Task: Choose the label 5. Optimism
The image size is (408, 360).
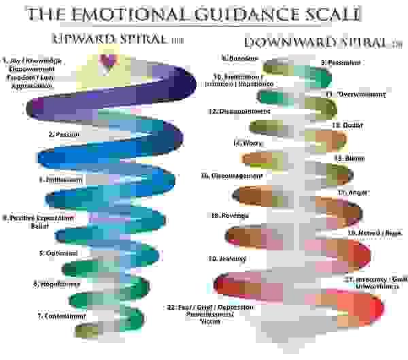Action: click(57, 252)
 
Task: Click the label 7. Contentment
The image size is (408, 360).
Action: click(61, 316)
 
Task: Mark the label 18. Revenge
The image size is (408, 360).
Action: click(230, 215)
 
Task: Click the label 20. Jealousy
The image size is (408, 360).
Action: click(226, 259)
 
